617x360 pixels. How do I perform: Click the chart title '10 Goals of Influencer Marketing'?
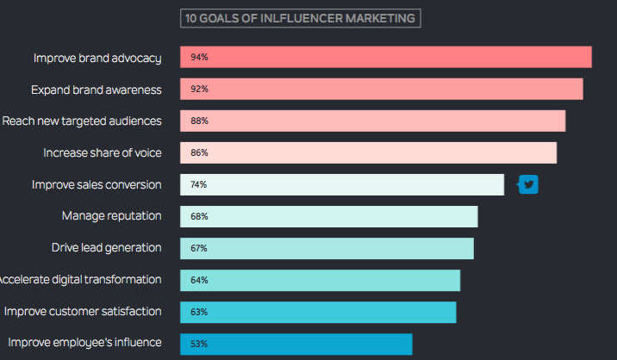300,18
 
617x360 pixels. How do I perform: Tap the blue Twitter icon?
527,184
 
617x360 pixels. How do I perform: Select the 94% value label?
199,57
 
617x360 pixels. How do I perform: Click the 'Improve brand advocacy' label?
97,59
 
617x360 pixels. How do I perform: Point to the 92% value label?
199,89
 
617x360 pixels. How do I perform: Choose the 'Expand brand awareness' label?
97,90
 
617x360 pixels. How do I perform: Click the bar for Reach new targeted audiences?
372,121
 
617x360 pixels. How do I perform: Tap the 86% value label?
199,152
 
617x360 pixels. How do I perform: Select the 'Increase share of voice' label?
103,152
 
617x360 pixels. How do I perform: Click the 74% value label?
199,184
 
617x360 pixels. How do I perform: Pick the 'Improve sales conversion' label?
97,184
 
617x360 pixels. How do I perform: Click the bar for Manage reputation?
329,216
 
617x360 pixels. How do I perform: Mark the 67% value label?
199,248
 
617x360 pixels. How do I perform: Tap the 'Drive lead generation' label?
106,247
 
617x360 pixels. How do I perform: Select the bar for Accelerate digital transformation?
321,280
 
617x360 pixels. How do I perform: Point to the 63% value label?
199,312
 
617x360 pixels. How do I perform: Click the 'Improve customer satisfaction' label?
83,311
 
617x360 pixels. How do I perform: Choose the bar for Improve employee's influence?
296,344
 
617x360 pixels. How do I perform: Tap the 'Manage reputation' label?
111,216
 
